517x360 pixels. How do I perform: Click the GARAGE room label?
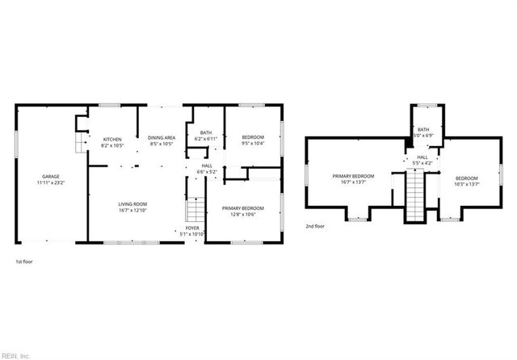pos(51,176)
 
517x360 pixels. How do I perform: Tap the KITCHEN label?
pos(112,140)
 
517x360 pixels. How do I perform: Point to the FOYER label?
pos(191,229)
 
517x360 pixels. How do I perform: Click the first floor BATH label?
pos(206,133)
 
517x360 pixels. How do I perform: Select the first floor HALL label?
pos(206,167)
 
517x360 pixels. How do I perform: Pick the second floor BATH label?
pos(423,130)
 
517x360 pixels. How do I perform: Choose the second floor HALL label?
pos(422,158)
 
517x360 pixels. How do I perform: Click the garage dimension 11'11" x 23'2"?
pos(51,182)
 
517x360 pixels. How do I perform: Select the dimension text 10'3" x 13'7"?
pos(466,183)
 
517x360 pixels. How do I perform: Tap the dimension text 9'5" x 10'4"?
pos(253,143)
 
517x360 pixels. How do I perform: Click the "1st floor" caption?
pos(24,262)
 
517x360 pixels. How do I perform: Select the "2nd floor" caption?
pos(315,227)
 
